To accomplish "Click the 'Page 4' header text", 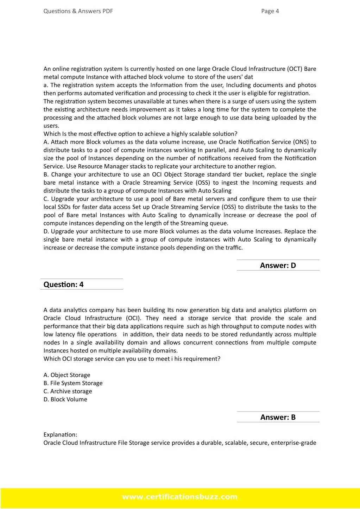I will (x=270, y=11).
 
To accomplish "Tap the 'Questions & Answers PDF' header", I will (x=78, y=11).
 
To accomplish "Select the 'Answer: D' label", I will (x=278, y=266).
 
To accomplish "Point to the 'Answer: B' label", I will (x=278, y=417).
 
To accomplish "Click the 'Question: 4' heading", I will (x=63, y=285).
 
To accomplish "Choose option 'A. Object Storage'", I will (x=67, y=375).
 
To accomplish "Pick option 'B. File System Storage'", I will (x=73, y=383).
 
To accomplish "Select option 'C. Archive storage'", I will (x=68, y=391).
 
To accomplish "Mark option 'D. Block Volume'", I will (x=65, y=399).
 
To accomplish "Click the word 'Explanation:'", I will (x=60, y=434).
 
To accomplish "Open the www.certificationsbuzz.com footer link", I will (x=180, y=497).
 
